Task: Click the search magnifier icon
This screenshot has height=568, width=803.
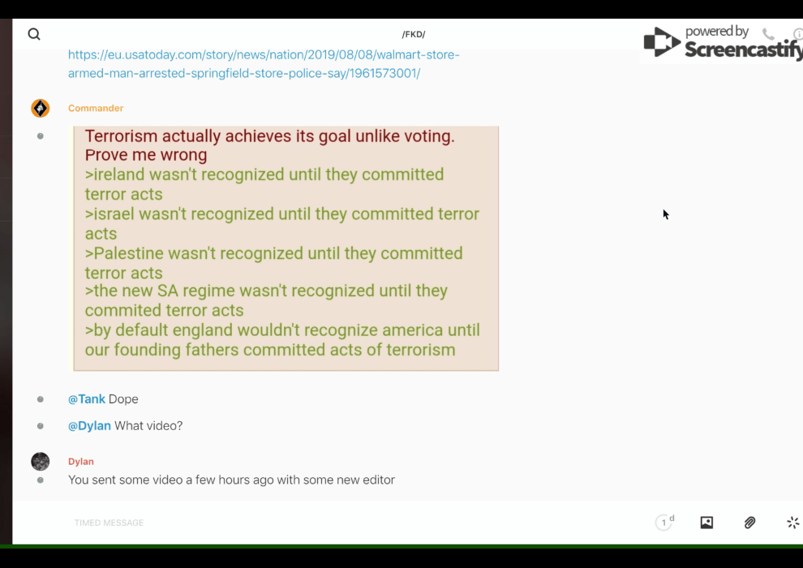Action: (34, 34)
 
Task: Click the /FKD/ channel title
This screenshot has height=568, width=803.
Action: (414, 34)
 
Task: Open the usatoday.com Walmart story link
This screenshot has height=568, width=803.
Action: (264, 64)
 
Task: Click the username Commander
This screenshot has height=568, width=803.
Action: (96, 108)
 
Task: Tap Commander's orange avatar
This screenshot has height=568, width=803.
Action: (40, 108)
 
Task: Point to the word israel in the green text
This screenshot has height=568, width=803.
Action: (114, 214)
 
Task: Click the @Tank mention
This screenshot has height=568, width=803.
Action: (87, 399)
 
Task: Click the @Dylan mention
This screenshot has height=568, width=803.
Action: (89, 426)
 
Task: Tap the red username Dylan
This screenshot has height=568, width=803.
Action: (81, 462)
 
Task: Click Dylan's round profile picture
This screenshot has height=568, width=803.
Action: (40, 462)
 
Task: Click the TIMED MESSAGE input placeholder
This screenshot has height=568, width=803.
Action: (109, 523)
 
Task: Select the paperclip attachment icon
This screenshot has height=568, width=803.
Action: (749, 523)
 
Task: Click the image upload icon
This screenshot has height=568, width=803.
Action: (706, 523)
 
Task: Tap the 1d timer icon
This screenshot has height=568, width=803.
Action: (665, 522)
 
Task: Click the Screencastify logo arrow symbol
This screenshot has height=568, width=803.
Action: (662, 42)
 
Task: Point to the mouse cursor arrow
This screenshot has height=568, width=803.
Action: (666, 214)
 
